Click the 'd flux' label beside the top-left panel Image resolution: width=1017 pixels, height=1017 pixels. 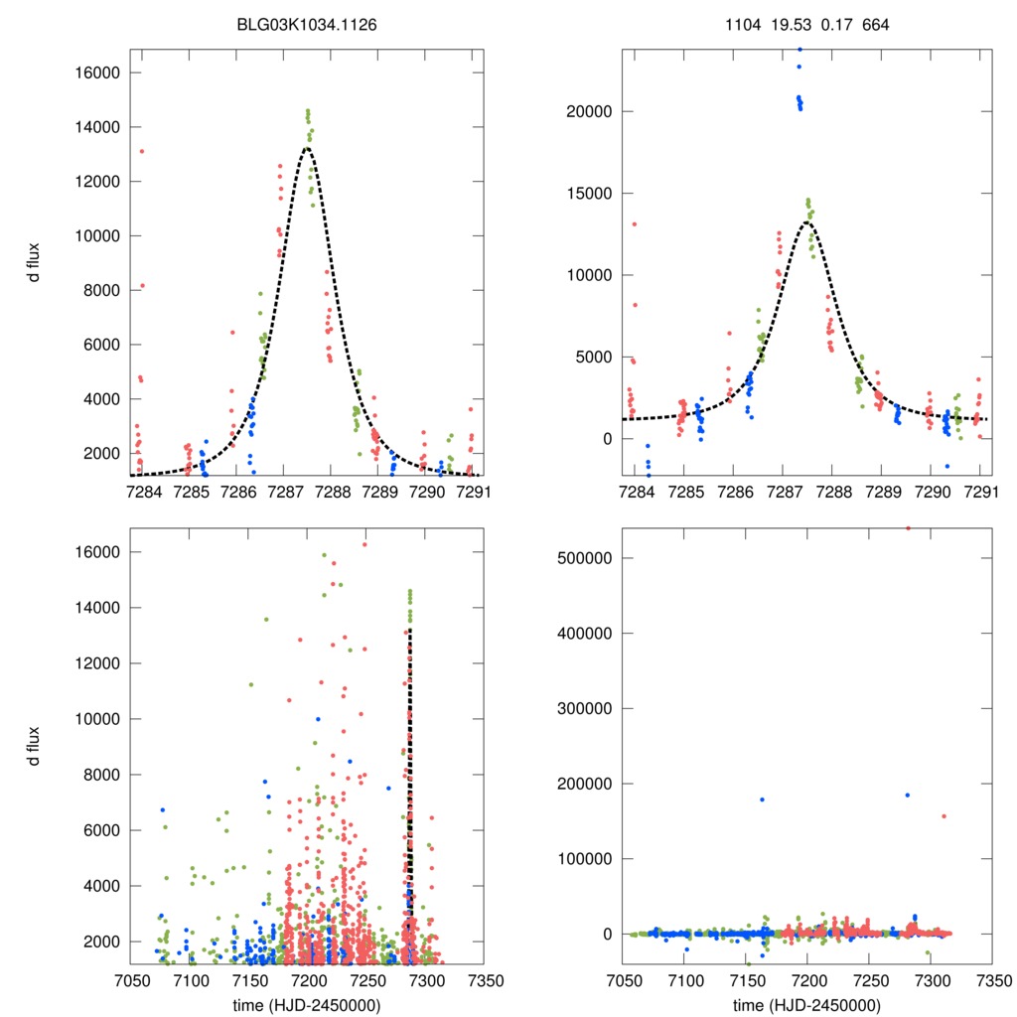34,262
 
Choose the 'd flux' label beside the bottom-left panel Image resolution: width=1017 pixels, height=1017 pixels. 34,746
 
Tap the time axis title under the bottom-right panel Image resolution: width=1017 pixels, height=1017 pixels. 805,1003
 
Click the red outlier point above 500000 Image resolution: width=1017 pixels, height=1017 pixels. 908,528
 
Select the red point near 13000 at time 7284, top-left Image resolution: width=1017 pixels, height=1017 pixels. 142,151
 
